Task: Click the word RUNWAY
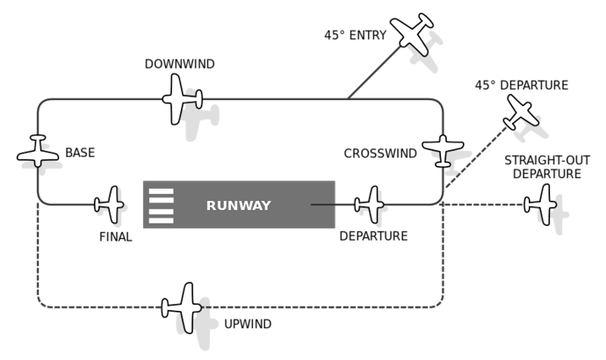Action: click(238, 205)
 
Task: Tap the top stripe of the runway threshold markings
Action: click(161, 191)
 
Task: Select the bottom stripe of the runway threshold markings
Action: click(161, 220)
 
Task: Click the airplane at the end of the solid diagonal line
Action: click(411, 35)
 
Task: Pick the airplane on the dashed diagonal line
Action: click(521, 112)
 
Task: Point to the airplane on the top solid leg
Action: click(182, 99)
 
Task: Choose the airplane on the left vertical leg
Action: click(38, 152)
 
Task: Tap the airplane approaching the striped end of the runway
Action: click(110, 205)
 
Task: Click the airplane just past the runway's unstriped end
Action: click(370, 205)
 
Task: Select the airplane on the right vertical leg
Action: click(443, 149)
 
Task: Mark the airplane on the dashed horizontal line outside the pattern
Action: click(540, 205)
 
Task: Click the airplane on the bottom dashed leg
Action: click(182, 307)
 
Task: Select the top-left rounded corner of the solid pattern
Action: click(41, 103)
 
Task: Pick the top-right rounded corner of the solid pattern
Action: click(439, 103)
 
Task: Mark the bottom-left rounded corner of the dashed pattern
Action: click(41, 304)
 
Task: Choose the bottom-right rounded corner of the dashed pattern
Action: click(439, 304)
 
